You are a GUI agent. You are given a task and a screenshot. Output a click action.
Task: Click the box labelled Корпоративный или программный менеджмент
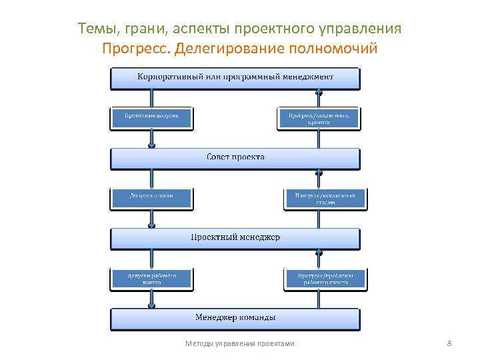click(x=235, y=79)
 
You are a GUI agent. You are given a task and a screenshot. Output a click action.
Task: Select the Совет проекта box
click(x=235, y=159)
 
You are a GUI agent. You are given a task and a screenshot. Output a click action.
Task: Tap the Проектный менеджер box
click(x=235, y=238)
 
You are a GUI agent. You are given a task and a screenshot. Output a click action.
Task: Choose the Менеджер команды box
click(x=235, y=318)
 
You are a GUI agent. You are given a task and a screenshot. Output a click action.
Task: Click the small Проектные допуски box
click(x=152, y=117)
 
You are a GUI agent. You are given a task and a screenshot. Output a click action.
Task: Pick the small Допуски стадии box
click(x=152, y=198)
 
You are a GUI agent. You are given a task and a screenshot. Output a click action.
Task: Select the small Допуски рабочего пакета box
click(x=152, y=278)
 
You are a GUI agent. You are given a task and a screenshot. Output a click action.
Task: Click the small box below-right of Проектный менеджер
click(x=325, y=278)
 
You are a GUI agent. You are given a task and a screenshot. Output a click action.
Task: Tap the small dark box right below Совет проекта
click(x=325, y=198)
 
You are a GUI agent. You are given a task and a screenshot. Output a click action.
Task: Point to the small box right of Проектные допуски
click(x=319, y=117)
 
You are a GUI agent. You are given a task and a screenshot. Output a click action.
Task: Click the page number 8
click(x=449, y=343)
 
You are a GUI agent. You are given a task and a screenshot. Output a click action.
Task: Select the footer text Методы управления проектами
click(x=239, y=343)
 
